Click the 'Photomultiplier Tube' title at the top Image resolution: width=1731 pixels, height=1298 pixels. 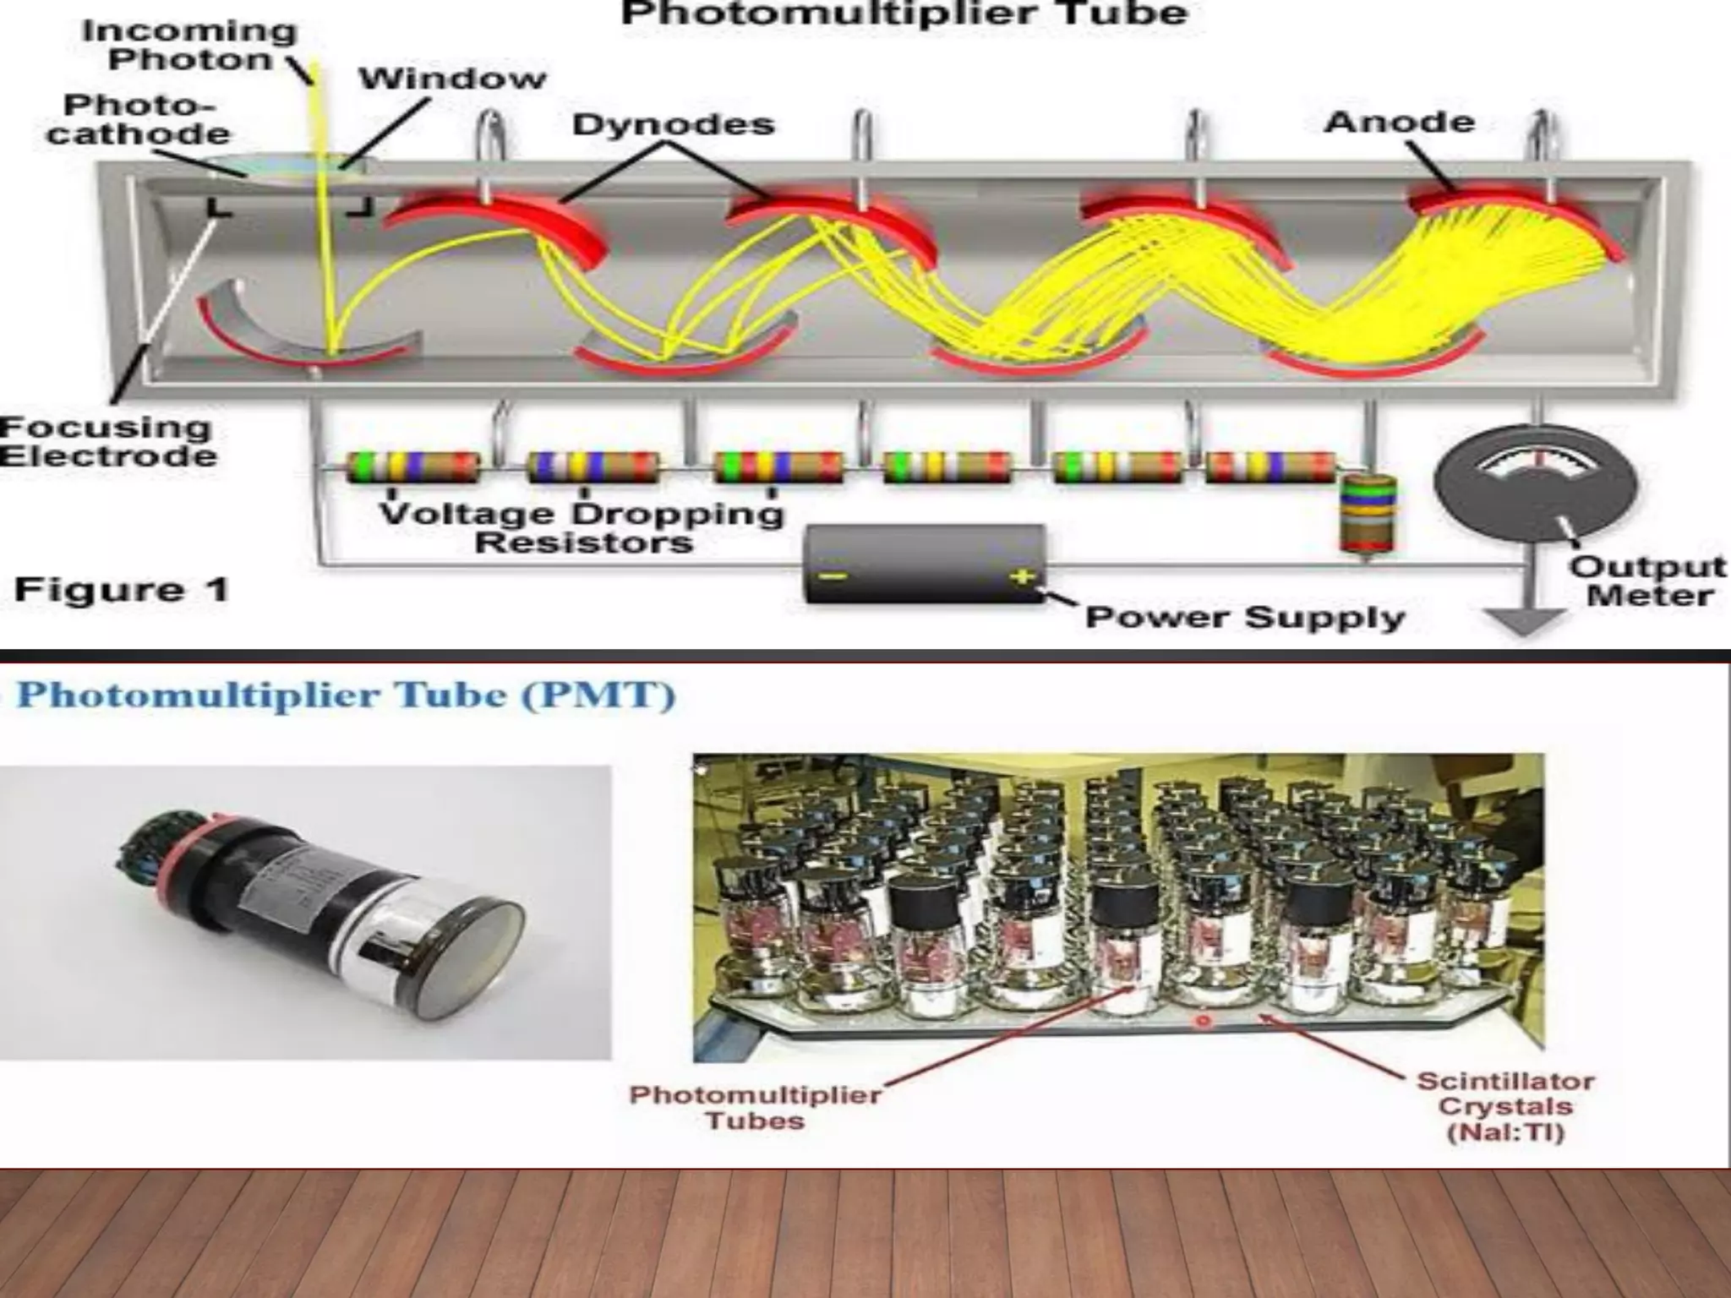904,14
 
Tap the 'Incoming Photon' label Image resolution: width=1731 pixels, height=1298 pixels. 189,46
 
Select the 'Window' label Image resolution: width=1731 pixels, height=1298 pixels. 453,79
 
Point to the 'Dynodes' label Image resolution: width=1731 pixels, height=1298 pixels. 674,124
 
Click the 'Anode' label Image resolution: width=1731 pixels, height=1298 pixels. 1400,122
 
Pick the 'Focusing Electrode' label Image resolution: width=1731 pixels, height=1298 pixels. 107,441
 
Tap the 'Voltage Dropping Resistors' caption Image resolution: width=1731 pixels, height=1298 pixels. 582,527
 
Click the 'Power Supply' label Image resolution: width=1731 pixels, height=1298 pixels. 1244,617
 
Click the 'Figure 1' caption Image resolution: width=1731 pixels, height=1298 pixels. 122,589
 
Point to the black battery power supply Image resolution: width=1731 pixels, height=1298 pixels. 925,564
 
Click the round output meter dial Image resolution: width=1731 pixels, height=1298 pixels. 1536,484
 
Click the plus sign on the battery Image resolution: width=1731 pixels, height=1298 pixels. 1023,576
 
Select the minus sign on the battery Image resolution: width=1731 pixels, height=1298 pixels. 833,576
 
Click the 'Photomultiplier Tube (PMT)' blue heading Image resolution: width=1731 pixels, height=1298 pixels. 347,695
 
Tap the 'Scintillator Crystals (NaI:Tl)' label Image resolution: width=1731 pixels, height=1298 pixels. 1505,1106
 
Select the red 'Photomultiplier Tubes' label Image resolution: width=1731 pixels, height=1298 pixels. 756,1107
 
